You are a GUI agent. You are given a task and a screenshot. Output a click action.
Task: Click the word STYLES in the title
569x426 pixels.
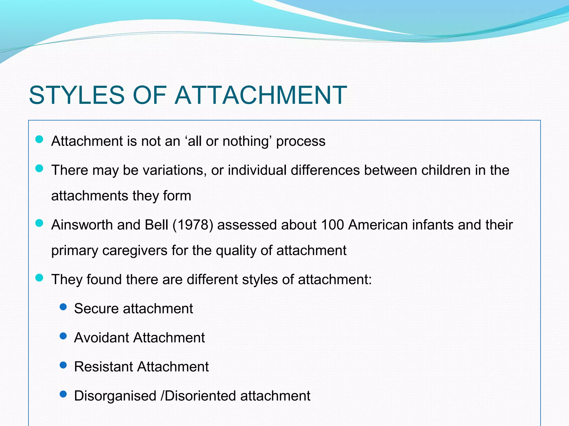pos(77,95)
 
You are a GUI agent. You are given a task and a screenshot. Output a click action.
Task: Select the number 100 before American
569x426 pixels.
pos(332,225)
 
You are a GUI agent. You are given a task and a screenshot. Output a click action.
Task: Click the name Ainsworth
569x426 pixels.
pos(82,225)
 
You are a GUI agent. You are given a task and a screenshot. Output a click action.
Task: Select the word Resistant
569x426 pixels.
pos(103,367)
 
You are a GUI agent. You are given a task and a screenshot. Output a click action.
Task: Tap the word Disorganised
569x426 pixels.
pos(115,396)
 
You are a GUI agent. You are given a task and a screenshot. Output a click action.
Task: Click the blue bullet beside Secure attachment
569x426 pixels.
pos(63,307)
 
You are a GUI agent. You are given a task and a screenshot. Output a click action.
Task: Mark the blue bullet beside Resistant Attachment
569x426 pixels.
pos(63,365)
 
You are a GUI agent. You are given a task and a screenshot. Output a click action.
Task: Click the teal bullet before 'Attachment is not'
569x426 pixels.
pos(39,139)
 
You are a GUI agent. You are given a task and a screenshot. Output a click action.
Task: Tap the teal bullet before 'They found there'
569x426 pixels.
pos(39,278)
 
